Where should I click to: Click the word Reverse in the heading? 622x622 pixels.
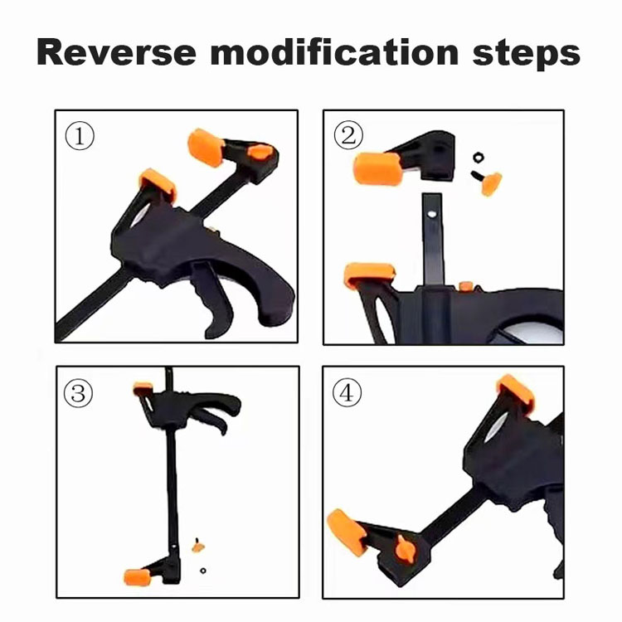click(x=117, y=52)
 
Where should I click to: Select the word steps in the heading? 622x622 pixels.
click(x=527, y=54)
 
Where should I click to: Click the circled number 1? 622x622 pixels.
click(x=80, y=136)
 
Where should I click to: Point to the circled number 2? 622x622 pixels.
click(x=348, y=135)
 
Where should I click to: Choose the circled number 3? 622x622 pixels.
click(x=78, y=393)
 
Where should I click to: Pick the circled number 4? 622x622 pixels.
click(x=347, y=392)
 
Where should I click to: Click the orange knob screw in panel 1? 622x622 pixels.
click(x=260, y=152)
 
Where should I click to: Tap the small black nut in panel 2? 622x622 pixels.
click(x=479, y=157)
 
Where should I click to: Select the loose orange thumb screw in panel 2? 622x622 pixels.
click(x=488, y=182)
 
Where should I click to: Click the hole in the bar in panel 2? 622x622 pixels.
click(x=431, y=214)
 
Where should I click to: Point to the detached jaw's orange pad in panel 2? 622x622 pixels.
click(x=377, y=169)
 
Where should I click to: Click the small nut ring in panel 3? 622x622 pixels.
click(x=203, y=571)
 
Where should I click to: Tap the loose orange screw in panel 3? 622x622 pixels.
click(x=198, y=547)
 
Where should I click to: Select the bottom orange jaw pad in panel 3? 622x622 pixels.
click(x=137, y=577)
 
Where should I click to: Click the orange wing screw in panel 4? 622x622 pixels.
click(x=405, y=549)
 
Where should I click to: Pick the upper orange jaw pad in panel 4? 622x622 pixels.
click(x=515, y=393)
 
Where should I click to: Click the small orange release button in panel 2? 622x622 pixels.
click(x=466, y=286)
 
